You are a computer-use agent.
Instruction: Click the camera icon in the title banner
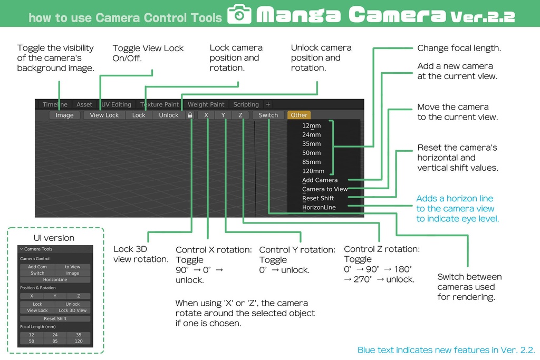click(x=239, y=15)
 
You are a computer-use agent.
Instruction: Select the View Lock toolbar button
click(x=104, y=115)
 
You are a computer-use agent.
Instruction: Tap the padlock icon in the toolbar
click(x=190, y=115)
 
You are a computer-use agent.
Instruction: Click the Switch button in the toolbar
click(x=268, y=115)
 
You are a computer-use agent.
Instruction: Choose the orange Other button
click(x=299, y=115)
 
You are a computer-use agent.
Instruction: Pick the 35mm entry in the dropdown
click(x=312, y=144)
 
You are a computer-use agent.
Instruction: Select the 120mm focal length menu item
click(x=313, y=171)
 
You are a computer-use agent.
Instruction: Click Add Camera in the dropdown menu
click(x=320, y=180)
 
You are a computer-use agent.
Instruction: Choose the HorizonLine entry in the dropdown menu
click(x=319, y=208)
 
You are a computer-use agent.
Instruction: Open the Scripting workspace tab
click(x=246, y=104)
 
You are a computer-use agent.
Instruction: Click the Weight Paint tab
click(x=206, y=104)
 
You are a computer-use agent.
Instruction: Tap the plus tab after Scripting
click(x=268, y=104)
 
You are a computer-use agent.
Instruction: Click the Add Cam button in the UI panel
click(x=37, y=267)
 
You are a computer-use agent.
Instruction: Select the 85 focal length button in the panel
click(x=55, y=342)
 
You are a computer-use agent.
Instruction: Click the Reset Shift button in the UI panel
click(x=55, y=319)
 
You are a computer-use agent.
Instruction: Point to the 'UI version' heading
click(x=54, y=238)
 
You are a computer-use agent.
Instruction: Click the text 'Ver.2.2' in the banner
click(x=483, y=17)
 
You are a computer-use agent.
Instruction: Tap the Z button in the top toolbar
click(x=240, y=115)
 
